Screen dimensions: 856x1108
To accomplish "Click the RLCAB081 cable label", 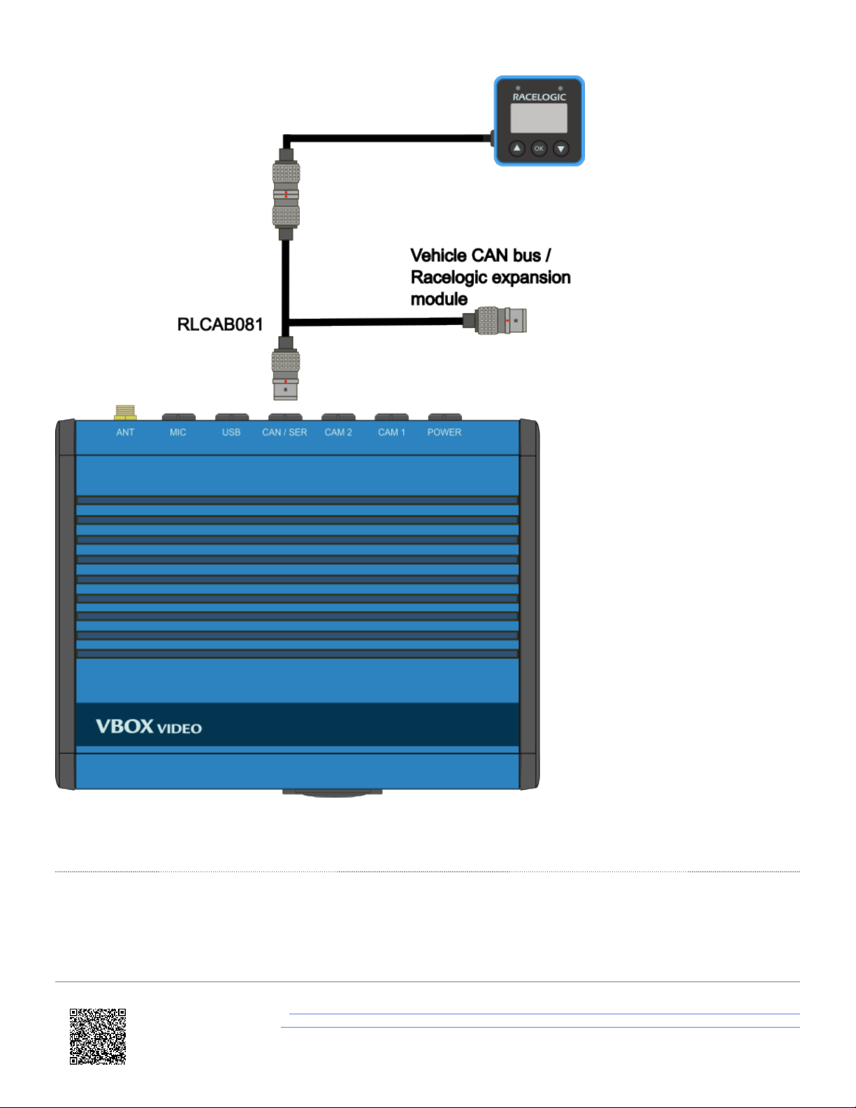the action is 219,324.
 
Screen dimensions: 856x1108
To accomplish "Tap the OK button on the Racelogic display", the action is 539,148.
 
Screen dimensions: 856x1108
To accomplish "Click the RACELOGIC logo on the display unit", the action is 539,97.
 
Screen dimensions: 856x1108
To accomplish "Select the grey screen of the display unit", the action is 539,118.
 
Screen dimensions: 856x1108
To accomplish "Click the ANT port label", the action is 125,433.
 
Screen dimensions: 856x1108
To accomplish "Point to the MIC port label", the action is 177,433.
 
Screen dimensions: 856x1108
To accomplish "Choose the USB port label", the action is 231,433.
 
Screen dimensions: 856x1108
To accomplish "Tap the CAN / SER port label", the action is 284,433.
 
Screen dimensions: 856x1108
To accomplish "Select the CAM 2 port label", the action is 338,433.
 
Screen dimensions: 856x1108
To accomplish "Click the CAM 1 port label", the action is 391,433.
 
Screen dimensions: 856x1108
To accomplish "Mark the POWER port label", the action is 444,433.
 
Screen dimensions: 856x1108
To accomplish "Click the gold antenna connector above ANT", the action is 125,412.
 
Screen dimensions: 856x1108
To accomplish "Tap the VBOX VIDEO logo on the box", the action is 149,726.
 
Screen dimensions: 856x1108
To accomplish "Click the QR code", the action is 97,1036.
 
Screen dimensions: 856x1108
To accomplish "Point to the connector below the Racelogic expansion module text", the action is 495,320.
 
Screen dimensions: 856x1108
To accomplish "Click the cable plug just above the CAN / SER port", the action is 285,368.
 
